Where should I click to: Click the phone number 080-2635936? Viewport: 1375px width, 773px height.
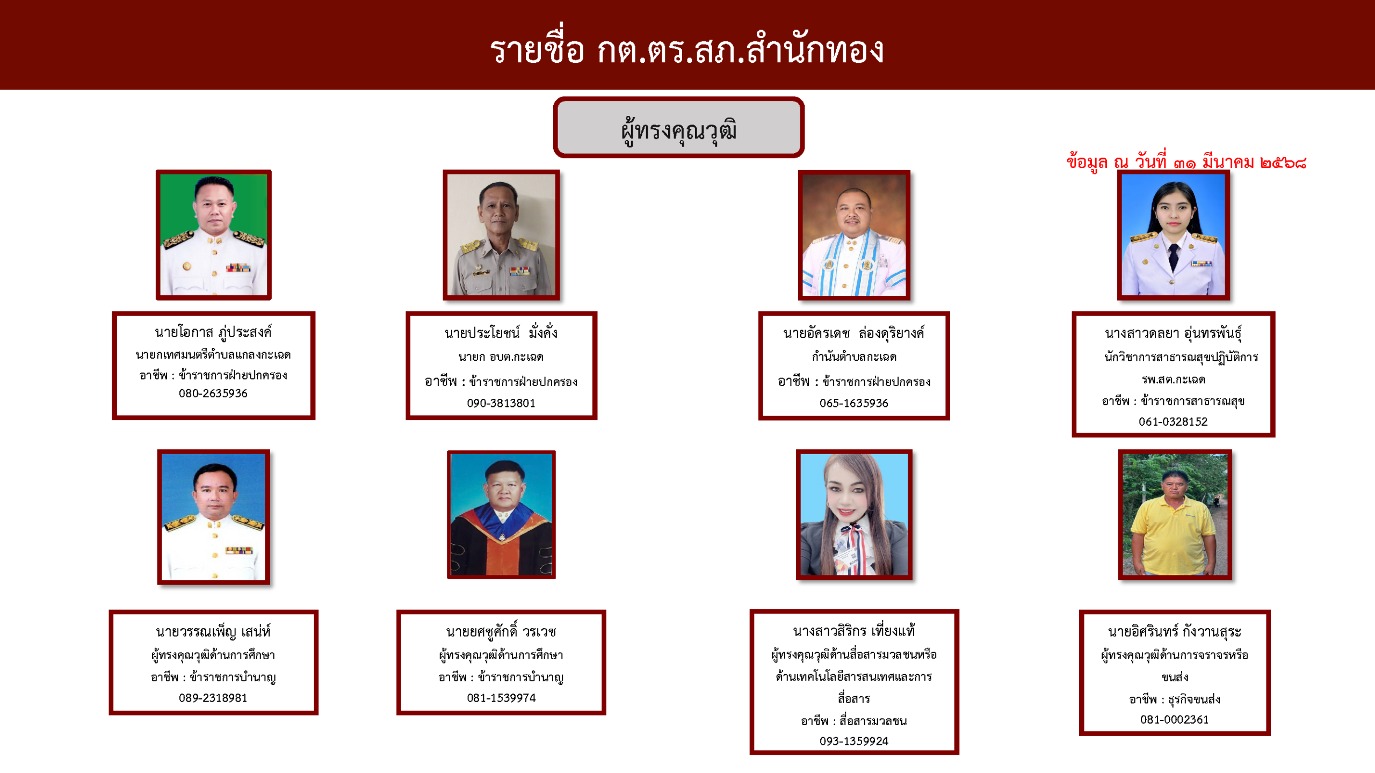click(213, 393)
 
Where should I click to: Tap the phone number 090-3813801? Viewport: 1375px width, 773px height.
click(501, 403)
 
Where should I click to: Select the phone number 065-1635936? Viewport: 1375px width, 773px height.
click(854, 403)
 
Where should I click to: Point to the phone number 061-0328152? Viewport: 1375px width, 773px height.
click(1173, 422)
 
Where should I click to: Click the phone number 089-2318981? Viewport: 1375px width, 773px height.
click(213, 698)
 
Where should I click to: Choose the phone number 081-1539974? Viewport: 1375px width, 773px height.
click(501, 698)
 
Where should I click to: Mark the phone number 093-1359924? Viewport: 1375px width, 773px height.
click(854, 741)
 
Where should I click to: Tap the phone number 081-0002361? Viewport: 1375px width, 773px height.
click(1175, 720)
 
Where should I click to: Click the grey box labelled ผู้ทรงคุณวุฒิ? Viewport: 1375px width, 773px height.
click(678, 128)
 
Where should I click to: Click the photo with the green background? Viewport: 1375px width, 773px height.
click(214, 235)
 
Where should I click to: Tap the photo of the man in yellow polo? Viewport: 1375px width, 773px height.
click(1175, 515)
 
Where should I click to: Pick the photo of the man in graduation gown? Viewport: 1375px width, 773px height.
click(501, 515)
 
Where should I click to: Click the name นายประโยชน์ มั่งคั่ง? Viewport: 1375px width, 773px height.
click(501, 333)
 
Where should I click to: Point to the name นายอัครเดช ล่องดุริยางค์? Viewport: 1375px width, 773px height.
click(854, 333)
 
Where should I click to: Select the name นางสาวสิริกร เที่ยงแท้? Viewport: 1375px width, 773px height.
click(854, 631)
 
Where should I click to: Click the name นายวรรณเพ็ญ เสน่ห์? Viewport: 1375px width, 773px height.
click(213, 632)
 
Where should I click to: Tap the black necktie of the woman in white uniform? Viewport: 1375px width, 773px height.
click(1174, 257)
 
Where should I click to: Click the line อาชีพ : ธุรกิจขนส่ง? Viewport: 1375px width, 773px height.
click(1175, 699)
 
